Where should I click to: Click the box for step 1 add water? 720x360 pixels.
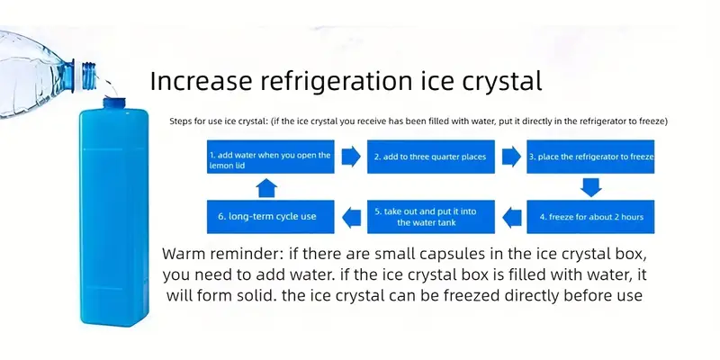pos(271,157)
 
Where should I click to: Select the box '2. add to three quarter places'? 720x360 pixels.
pos(431,157)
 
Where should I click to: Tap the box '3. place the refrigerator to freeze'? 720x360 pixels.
pos(590,157)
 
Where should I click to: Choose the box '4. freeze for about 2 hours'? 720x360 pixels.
pos(590,217)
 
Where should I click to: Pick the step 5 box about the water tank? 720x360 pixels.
pos(431,217)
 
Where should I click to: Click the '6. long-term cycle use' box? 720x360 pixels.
pos(271,217)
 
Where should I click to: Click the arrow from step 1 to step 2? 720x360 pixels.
pos(351,157)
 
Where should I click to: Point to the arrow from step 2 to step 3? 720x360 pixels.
pos(511,157)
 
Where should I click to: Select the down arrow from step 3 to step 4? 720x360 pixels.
pos(590,187)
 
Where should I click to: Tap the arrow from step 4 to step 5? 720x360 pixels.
pos(512,217)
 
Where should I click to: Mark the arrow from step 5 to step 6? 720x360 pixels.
pos(352,217)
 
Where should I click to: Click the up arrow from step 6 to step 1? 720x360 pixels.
pos(266,188)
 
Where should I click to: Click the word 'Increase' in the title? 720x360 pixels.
pos(201,81)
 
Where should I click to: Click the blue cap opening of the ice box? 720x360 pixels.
pos(114,103)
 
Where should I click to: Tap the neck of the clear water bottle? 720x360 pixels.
pos(85,75)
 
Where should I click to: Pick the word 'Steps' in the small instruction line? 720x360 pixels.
pos(179,122)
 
